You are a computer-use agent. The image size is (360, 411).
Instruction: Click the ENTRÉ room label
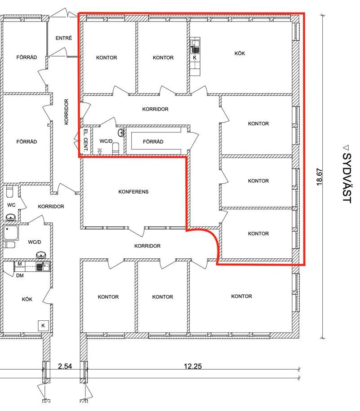point(64,38)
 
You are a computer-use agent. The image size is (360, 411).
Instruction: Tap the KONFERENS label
point(133,192)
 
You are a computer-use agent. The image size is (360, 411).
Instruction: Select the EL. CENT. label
point(85,141)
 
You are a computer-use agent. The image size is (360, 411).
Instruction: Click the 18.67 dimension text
point(320,177)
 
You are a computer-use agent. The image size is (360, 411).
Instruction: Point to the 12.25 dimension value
point(193,366)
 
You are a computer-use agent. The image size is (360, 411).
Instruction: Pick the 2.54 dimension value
point(65,366)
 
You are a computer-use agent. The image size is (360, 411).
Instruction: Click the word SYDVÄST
point(347,178)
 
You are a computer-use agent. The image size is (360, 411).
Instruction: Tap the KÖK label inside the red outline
point(240,53)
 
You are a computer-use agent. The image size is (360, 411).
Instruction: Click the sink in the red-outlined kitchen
point(195,47)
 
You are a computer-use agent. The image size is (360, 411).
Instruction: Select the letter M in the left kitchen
point(20,264)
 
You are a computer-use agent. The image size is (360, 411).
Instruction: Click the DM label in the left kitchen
point(20,275)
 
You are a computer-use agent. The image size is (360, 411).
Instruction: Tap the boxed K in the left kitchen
point(43,326)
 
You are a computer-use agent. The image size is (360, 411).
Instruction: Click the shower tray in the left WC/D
point(11,233)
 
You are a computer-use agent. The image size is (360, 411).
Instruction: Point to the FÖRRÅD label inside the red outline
point(153,142)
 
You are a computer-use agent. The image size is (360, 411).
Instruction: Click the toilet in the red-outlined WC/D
point(116,148)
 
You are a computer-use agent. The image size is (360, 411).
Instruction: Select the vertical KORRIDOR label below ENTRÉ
point(67,112)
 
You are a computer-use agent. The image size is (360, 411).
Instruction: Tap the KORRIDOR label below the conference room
point(147,246)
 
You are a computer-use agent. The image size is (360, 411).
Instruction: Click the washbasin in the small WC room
point(11,217)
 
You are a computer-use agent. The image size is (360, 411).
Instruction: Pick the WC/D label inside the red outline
point(106,141)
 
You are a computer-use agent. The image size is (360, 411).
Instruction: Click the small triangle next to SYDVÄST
point(346,148)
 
